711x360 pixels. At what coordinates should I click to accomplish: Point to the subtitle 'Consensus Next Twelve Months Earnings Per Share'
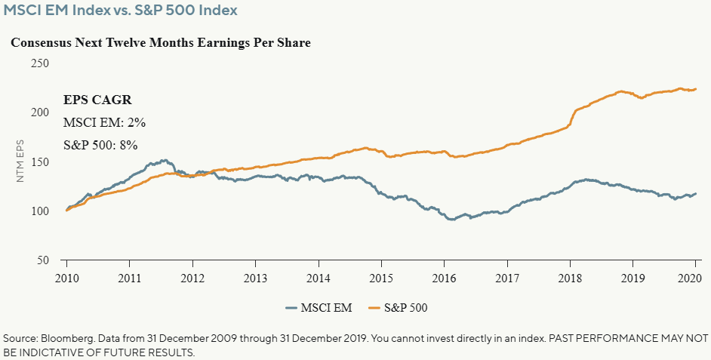[x=161, y=43]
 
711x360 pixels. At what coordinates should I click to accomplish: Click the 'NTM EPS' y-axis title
[x=20, y=162]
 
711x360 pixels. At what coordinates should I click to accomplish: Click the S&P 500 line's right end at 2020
[x=695, y=89]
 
